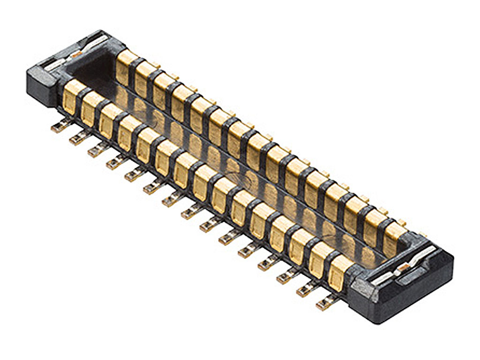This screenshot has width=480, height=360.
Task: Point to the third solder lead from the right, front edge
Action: (x=286, y=277)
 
